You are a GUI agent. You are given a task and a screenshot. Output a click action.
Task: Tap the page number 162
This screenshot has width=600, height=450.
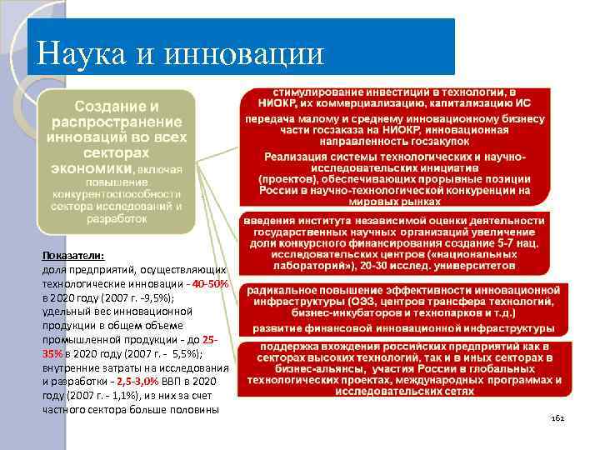click(558, 418)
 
